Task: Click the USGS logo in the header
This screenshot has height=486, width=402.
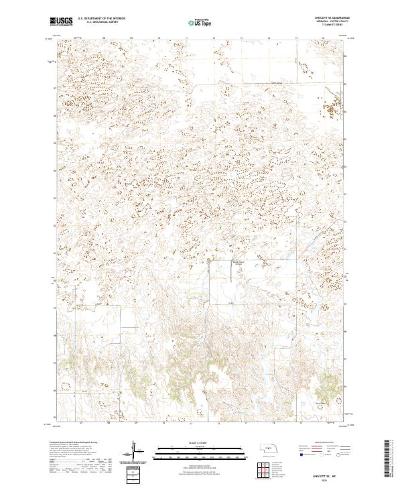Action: click(61, 21)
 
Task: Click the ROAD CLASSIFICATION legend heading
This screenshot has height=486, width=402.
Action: click(324, 443)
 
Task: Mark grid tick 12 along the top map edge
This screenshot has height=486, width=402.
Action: click(213, 38)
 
